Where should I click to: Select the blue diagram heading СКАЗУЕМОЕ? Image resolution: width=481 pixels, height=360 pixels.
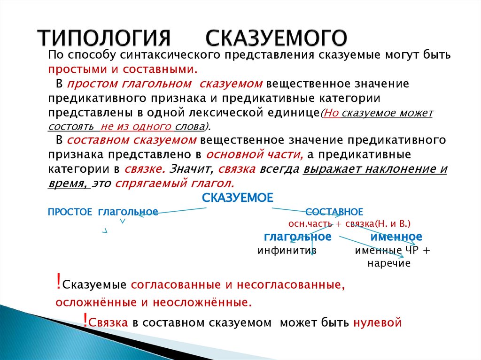237,198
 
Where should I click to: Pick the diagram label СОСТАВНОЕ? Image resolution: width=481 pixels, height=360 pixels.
334,212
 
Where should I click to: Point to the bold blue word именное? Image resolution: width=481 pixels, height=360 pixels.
396,236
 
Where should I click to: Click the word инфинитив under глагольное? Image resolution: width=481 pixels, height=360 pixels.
287,250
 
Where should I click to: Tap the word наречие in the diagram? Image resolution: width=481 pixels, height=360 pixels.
389,263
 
